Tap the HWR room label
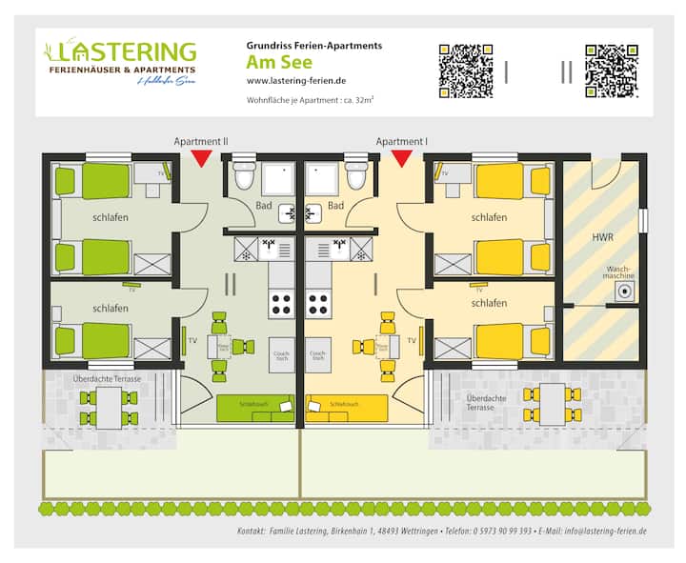tap(602, 236)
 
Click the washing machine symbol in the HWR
tap(625, 292)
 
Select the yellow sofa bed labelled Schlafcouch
tap(347, 407)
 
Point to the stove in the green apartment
tap(282, 305)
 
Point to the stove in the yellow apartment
tap(317, 305)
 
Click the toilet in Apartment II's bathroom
tap(245, 177)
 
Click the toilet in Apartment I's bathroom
tap(357, 177)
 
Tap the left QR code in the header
tap(464, 70)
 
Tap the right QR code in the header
tap(611, 70)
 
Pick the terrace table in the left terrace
tap(110, 407)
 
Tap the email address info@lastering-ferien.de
tap(605, 531)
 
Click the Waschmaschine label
tap(620, 272)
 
